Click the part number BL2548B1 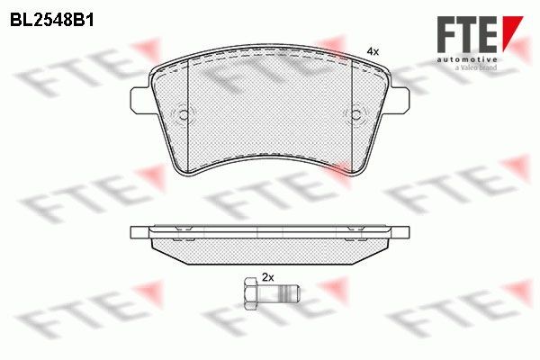[x=51, y=21]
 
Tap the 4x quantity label [x=373, y=52]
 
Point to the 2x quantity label [x=267, y=277]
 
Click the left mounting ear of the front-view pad [x=141, y=100]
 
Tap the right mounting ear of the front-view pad [x=399, y=100]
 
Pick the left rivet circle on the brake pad [x=184, y=114]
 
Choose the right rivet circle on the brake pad [x=355, y=114]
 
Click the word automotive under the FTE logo [x=467, y=60]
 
